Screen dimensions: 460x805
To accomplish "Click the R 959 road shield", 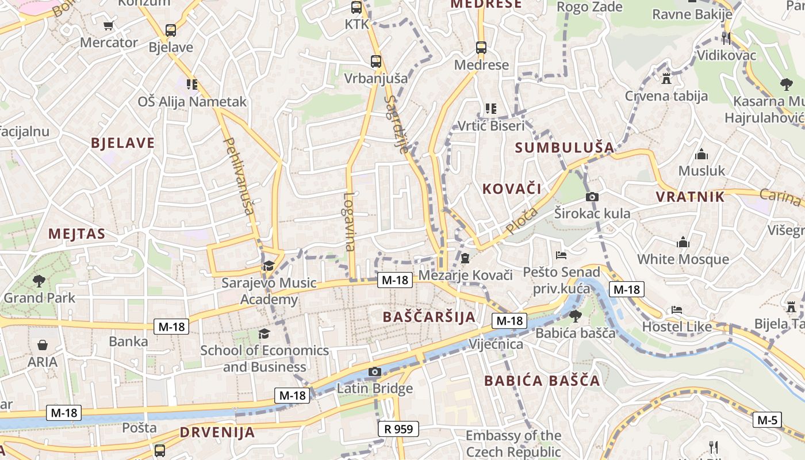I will click(398, 428).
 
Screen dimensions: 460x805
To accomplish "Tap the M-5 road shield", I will click(767, 420).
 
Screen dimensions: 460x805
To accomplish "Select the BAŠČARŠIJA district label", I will click(429, 317).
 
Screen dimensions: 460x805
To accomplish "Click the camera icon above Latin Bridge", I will click(375, 372).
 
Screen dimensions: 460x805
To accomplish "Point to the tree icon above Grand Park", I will click(39, 281).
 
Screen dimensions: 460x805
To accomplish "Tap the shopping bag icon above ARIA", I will click(42, 345).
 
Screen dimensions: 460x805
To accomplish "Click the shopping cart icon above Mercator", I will click(109, 25).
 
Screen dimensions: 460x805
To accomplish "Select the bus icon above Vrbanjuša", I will click(375, 61).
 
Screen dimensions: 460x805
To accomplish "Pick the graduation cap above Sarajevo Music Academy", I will click(269, 266).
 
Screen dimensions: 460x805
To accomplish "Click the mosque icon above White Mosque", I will click(683, 242).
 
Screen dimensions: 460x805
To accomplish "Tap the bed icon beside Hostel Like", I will click(677, 310).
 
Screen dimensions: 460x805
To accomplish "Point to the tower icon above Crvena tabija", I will click(666, 78).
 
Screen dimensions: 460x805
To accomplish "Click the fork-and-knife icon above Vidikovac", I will click(726, 39).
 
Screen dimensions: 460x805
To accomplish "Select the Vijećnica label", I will click(496, 344).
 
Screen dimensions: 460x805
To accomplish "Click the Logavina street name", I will click(349, 221).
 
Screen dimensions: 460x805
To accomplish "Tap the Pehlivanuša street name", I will click(239, 176).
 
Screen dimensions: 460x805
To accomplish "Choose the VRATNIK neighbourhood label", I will click(690, 197).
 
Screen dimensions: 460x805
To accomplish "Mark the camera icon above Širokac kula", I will click(592, 197).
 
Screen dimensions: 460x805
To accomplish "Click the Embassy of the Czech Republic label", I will click(513, 443).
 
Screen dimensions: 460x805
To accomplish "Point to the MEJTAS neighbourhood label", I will click(77, 233).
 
